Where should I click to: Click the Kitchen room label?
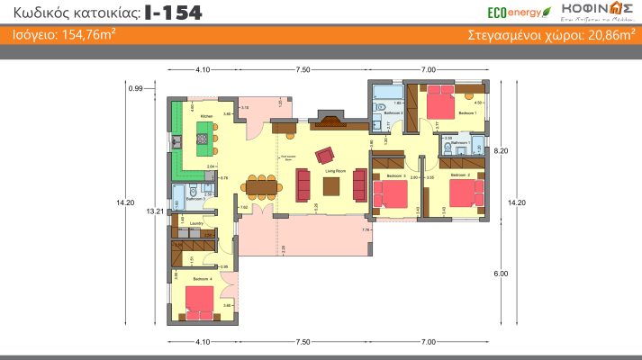coord(206,117)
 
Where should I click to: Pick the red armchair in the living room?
coord(323,156)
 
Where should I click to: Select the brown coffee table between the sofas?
coord(331,185)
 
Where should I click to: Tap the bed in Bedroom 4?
coord(200,304)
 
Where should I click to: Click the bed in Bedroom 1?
coord(440,97)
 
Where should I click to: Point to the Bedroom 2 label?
coord(460,175)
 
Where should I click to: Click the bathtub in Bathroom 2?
coord(388,93)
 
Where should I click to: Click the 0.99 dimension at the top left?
coord(136,88)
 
